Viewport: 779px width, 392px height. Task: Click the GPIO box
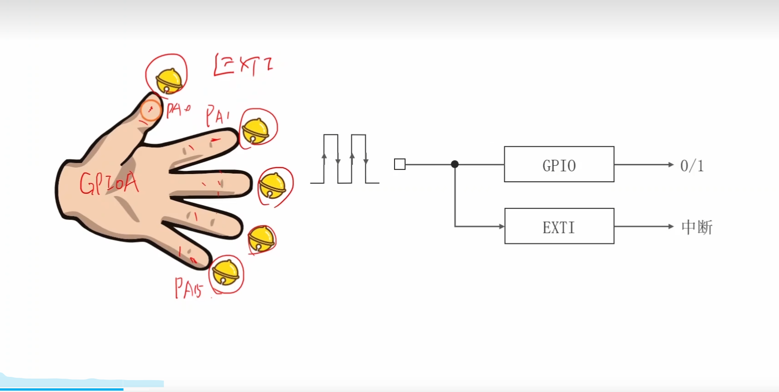point(559,164)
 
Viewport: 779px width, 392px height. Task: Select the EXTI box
point(559,226)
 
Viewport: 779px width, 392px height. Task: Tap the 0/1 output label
point(691,166)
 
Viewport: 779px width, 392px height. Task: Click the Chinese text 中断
point(697,227)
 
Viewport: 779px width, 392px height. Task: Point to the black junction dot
point(455,164)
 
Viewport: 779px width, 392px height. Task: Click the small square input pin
point(400,164)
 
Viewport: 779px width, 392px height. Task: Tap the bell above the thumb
point(168,81)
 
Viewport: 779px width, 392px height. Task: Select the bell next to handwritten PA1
point(255,131)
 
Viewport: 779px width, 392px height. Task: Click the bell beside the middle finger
point(272,186)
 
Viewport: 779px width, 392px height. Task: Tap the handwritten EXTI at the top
point(243,65)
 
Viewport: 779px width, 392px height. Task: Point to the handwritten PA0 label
point(178,110)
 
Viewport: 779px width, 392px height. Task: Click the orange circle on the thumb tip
point(150,110)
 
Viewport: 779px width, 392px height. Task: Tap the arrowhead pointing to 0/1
point(670,164)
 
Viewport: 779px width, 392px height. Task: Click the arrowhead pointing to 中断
point(670,226)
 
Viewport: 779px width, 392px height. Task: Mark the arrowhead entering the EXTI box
point(501,226)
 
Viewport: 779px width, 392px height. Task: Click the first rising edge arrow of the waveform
point(324,157)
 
